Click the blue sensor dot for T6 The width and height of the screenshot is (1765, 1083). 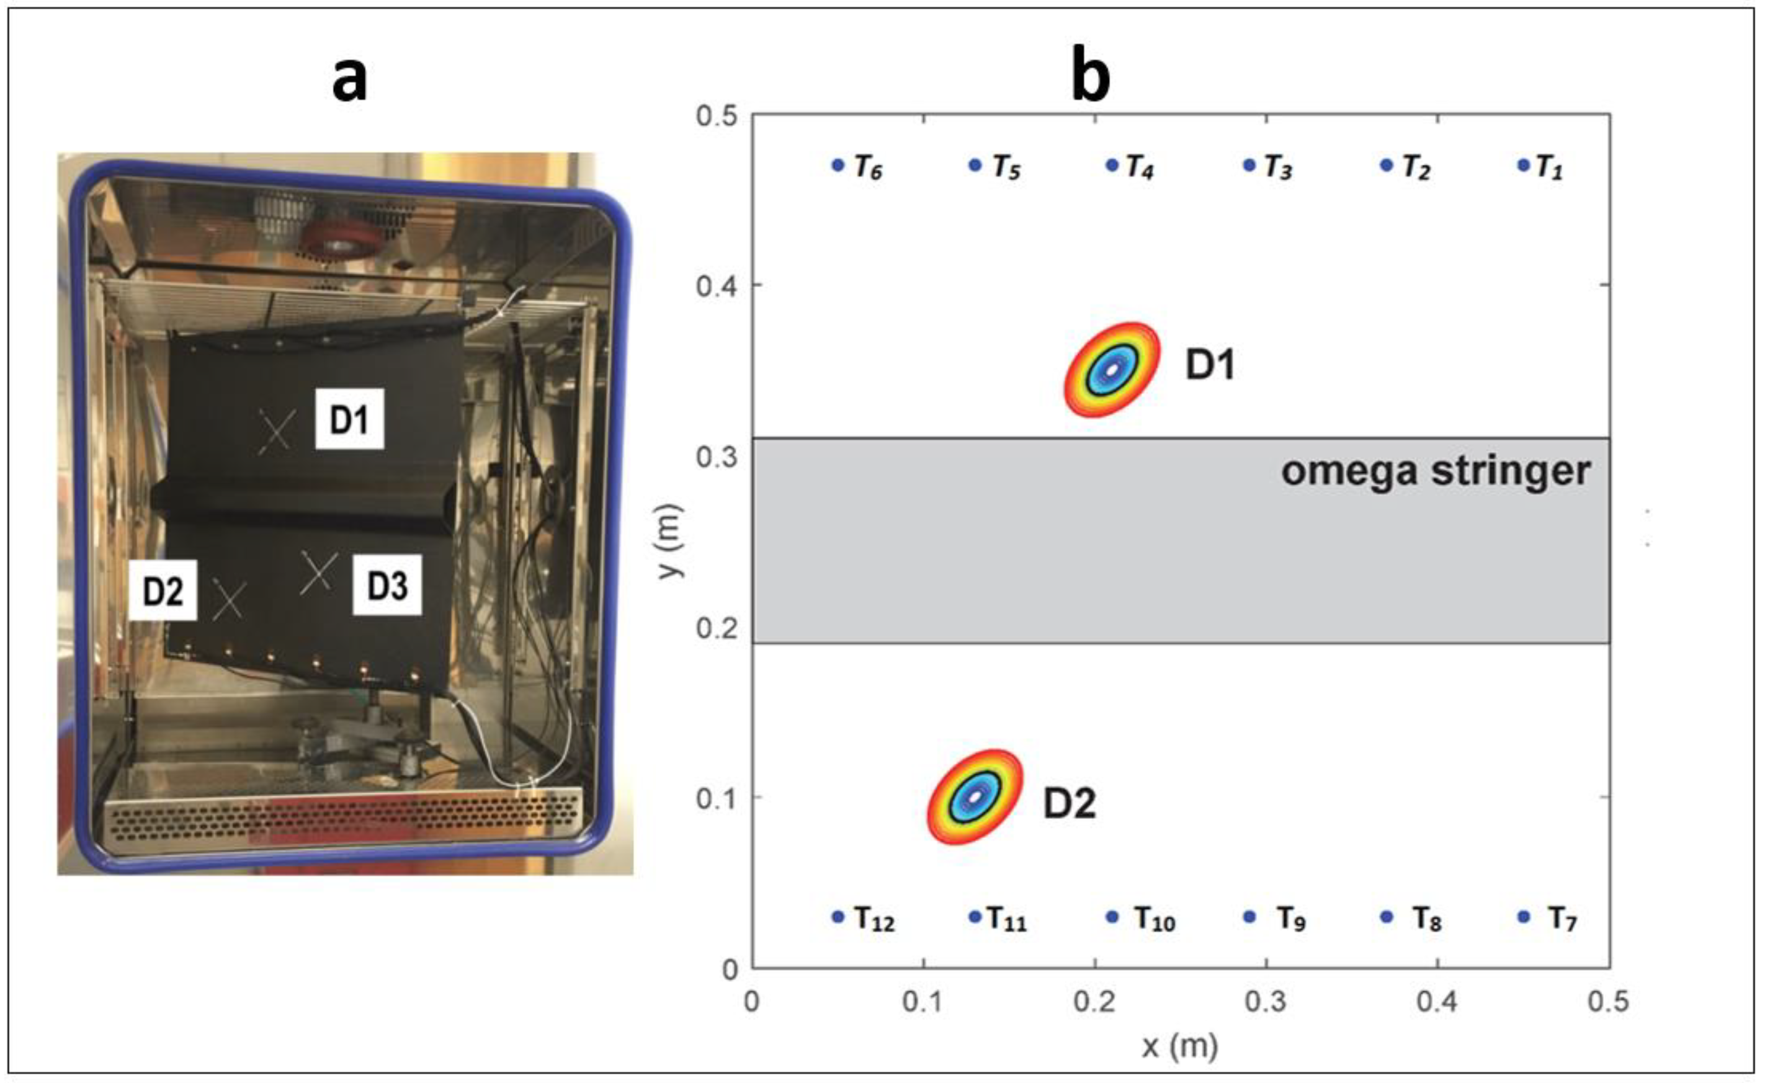coord(838,166)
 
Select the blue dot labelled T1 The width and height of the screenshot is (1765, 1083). coord(1523,166)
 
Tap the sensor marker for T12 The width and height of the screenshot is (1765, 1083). coord(838,917)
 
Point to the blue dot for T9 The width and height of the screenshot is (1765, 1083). coord(1249,917)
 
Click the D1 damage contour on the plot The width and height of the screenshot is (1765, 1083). coord(1112,370)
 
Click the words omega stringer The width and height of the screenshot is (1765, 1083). coord(1436,472)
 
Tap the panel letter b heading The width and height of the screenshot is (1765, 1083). coord(1090,76)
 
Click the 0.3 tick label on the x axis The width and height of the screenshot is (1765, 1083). coord(1265,1001)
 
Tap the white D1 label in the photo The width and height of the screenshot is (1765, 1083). coord(349,420)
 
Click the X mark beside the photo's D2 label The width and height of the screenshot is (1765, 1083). coord(229,600)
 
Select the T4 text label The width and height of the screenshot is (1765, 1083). coord(1140,167)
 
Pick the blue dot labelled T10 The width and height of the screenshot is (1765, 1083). coord(1112,917)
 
